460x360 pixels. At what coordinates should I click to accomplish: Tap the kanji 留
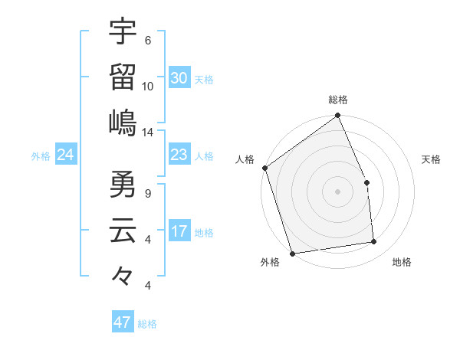point(123,77)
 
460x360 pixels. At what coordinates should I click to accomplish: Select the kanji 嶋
point(123,122)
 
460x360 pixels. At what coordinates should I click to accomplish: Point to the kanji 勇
point(123,184)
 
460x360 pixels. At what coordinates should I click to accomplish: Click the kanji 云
point(123,230)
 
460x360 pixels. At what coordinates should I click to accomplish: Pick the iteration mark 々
point(123,275)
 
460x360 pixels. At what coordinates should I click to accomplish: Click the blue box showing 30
point(179,78)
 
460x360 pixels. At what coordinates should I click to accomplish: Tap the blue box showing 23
point(179,155)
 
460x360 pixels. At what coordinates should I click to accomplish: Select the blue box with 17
point(179,231)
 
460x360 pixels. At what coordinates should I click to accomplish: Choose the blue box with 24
point(66,155)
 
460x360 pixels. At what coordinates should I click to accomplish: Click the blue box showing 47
point(123,322)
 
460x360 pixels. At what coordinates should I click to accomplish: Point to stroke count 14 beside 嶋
point(148,133)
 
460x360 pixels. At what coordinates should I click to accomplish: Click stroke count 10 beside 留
point(148,87)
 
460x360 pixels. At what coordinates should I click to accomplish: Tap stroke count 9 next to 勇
point(148,194)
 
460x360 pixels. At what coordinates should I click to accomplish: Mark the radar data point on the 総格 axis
point(337,116)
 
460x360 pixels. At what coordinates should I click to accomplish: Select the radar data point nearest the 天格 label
point(366,182)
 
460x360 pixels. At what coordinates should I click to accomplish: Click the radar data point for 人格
point(264,168)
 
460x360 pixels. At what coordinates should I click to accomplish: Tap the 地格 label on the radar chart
point(402,263)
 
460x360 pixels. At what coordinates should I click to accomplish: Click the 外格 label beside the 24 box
point(41,156)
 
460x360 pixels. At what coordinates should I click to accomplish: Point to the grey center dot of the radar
point(337,191)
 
